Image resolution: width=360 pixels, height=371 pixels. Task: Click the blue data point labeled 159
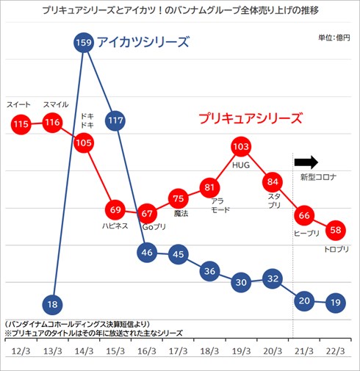(x=83, y=43)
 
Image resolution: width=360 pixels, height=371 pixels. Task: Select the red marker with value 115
(x=21, y=123)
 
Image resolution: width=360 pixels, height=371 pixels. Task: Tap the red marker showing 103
(x=241, y=147)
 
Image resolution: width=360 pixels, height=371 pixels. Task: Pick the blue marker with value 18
(x=52, y=303)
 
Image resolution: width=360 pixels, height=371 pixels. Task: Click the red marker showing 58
(x=335, y=230)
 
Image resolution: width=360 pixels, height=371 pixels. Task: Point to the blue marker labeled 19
(x=335, y=301)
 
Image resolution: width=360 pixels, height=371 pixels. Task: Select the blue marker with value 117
(x=115, y=120)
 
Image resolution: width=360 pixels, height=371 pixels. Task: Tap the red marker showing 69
(x=115, y=209)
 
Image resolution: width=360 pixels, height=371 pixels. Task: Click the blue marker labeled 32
(x=273, y=278)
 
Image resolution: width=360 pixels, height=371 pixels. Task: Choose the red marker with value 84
(x=273, y=181)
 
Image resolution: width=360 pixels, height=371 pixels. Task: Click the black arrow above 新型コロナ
(x=306, y=162)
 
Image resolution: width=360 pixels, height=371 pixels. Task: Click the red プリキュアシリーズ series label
(x=251, y=118)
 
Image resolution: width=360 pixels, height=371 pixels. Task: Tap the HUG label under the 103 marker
(x=241, y=165)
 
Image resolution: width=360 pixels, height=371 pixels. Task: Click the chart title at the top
(x=180, y=10)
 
